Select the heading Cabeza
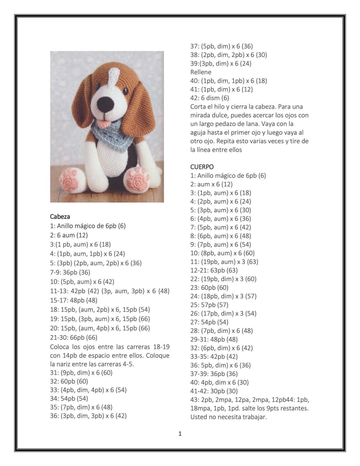point(60,217)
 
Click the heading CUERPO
point(202,167)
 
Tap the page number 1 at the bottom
point(180,434)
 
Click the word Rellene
point(201,72)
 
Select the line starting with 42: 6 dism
point(210,98)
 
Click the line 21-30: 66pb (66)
point(74,337)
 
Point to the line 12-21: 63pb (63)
point(214,270)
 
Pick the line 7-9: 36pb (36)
point(70,272)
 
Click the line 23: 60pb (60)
point(209,288)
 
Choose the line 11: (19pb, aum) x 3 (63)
point(224,261)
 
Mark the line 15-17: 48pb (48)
point(74,300)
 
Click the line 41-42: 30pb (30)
point(214,391)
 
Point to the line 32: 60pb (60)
point(69,381)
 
